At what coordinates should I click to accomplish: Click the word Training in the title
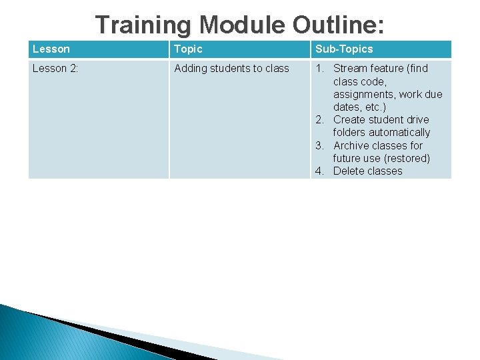[143, 25]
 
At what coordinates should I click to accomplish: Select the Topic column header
[188, 49]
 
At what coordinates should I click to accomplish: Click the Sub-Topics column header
[344, 49]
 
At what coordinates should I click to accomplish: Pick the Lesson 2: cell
[56, 68]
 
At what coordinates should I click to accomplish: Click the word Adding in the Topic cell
[190, 68]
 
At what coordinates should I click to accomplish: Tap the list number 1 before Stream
[320, 68]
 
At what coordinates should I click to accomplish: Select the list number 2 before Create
[320, 120]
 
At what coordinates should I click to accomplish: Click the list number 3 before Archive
[320, 146]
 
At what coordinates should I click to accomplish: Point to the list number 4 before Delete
[320, 171]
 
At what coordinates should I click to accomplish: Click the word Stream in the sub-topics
[351, 68]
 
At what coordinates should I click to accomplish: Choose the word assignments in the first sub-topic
[365, 94]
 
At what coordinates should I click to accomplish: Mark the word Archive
[352, 146]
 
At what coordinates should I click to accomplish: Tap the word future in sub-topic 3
[349, 159]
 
